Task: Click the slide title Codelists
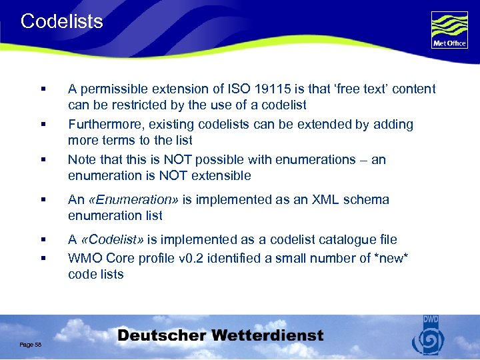62,21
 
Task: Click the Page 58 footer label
31,344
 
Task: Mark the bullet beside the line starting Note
42,160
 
